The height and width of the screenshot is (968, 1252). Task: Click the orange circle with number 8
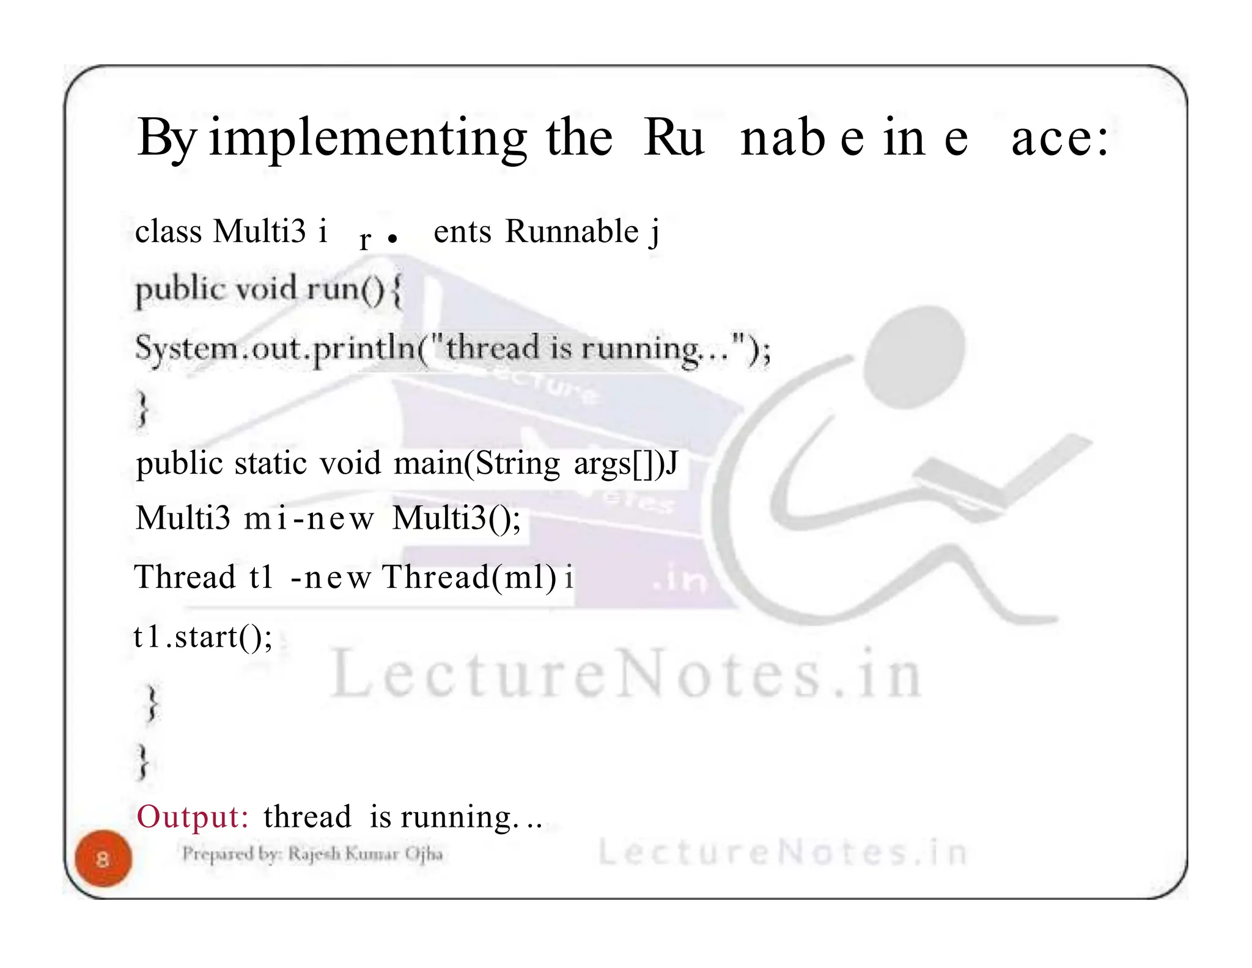(x=103, y=859)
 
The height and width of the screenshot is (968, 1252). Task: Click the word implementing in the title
(x=367, y=138)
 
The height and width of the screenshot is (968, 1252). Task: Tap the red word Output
(x=192, y=816)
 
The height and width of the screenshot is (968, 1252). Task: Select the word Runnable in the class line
(x=572, y=232)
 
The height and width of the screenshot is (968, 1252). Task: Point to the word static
(x=270, y=463)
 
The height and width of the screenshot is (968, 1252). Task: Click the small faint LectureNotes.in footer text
(x=782, y=853)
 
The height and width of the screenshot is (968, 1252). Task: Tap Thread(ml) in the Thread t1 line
(x=469, y=577)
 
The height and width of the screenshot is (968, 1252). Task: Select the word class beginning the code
(x=168, y=232)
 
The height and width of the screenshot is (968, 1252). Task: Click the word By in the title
(x=165, y=138)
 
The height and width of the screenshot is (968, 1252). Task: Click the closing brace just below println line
(x=142, y=408)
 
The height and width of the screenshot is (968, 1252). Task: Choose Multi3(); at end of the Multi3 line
(x=456, y=518)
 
